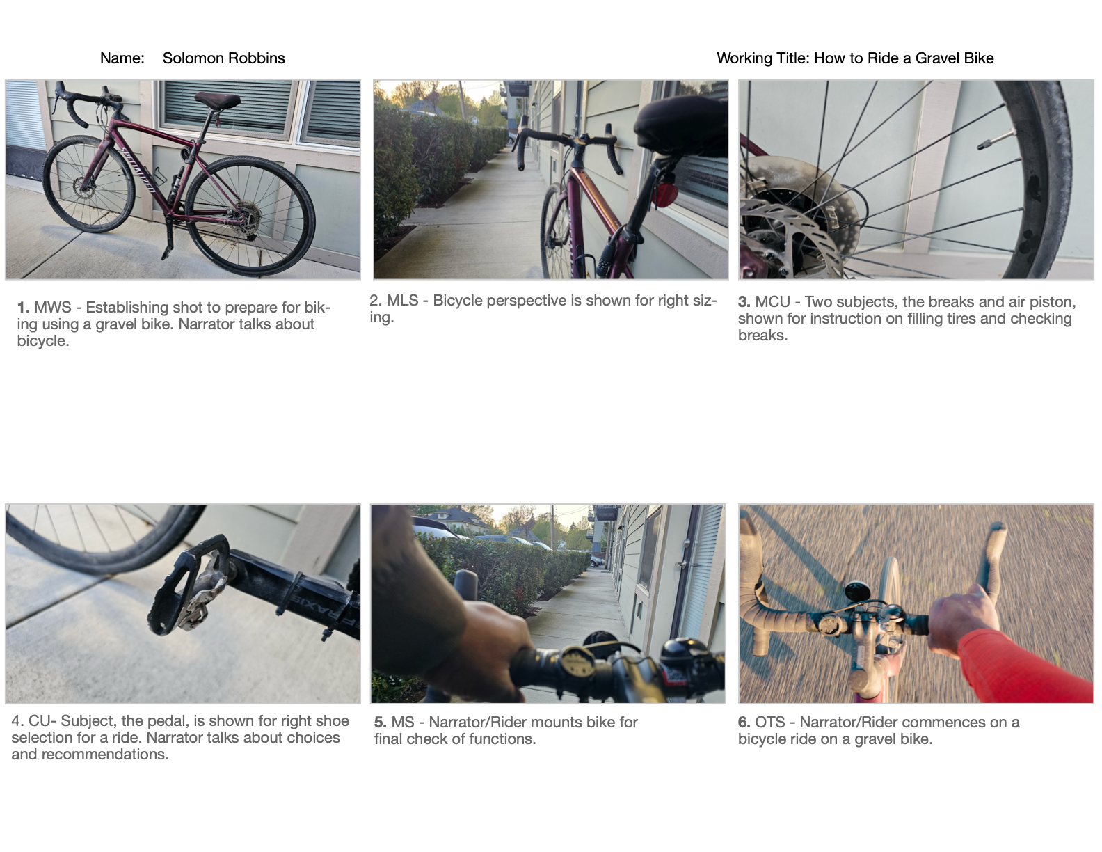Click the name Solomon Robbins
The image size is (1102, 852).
pos(223,58)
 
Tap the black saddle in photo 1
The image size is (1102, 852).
pos(217,100)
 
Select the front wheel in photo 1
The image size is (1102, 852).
pos(89,184)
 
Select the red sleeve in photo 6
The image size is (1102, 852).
pos(1024,665)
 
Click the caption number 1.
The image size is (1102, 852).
pos(23,308)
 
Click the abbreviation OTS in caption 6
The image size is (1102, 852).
pos(770,722)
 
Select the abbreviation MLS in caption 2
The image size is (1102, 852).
pos(403,301)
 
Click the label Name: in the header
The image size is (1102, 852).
pos(122,58)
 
